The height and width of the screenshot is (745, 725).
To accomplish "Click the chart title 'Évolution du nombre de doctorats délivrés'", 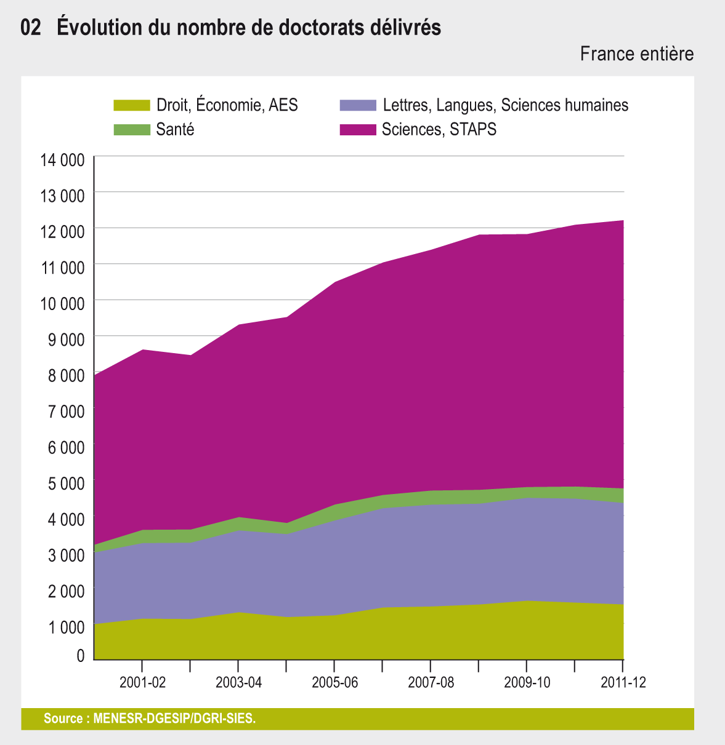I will (x=249, y=28).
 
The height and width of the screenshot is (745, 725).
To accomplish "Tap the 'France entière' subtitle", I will (x=636, y=54).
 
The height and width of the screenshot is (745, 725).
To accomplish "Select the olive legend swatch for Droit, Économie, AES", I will (x=132, y=105).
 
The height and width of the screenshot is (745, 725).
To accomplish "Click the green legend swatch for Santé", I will (x=132, y=130).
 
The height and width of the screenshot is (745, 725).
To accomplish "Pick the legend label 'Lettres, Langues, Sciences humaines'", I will (x=505, y=105).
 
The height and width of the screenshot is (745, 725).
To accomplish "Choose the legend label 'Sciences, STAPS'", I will (x=439, y=130).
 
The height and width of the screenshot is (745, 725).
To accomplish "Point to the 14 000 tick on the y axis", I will (x=62, y=161).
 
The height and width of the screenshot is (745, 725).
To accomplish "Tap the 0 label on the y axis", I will (x=80, y=656).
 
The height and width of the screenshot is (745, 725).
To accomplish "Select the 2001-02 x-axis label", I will (x=142, y=682).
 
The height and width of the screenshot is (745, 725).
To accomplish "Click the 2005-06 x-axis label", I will (x=334, y=682).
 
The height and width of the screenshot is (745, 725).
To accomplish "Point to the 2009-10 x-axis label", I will (x=527, y=682).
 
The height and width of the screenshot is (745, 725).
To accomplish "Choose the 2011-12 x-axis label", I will (x=623, y=682).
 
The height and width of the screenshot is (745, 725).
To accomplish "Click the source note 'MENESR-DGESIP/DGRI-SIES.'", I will (x=174, y=719).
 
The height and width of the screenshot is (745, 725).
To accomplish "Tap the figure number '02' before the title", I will (x=31, y=28).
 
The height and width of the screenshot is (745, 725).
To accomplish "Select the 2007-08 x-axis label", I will (x=431, y=682).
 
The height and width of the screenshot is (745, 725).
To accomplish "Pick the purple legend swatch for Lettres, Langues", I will (x=357, y=105).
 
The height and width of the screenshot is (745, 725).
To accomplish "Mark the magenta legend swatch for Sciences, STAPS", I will (x=357, y=130).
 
